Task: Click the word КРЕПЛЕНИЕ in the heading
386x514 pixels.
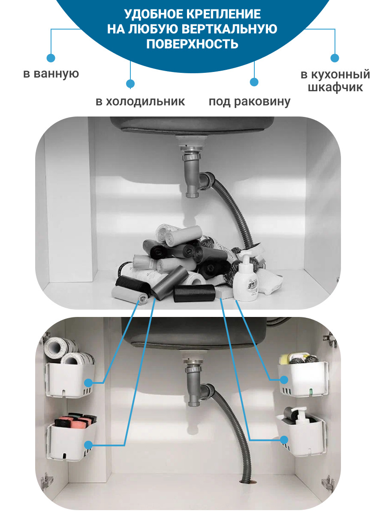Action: [x=224, y=14]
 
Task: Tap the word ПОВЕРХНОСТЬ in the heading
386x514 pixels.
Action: [x=193, y=44]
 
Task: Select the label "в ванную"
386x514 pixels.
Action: [x=51, y=74]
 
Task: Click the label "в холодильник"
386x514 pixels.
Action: [x=140, y=102]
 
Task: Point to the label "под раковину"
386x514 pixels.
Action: [x=249, y=102]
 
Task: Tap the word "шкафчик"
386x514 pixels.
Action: [x=335, y=87]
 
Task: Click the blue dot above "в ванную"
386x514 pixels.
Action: [x=51, y=58]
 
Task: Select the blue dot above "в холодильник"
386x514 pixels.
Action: [x=130, y=84]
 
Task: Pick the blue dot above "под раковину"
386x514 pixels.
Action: [x=254, y=82]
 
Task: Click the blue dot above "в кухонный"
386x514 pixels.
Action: [x=335, y=58]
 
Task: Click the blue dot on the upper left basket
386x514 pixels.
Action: [x=88, y=383]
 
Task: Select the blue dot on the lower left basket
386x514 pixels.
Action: [x=88, y=445]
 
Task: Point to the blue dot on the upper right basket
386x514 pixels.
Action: [x=284, y=380]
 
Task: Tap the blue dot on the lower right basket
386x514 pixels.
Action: [x=284, y=440]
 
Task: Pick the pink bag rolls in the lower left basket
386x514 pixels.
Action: [x=75, y=420]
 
